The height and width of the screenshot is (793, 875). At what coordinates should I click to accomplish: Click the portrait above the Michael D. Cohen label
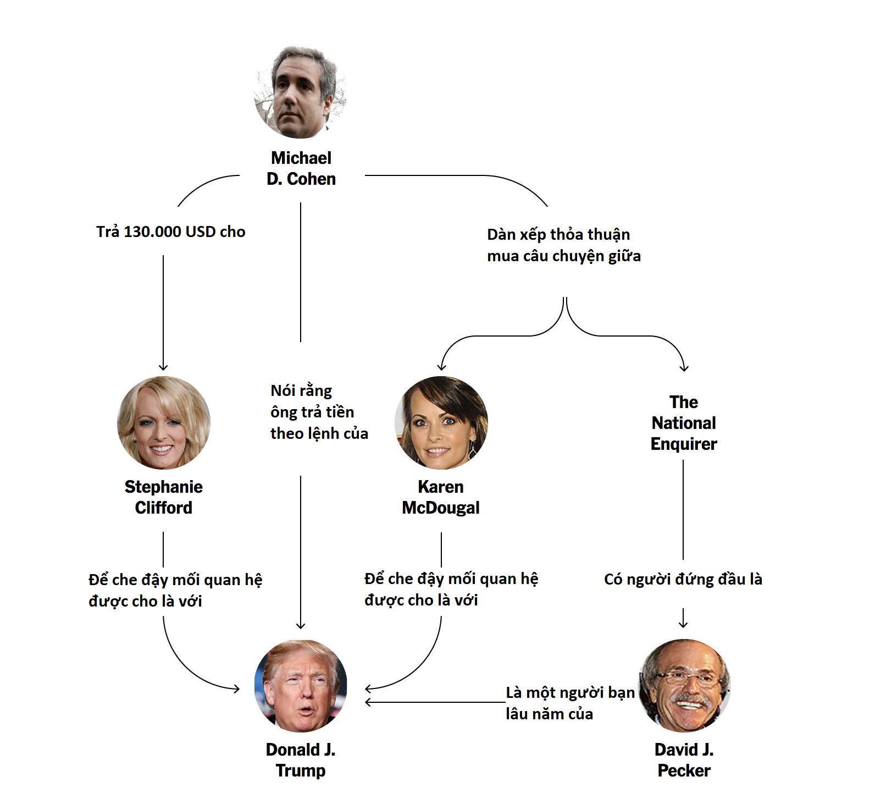click(x=301, y=92)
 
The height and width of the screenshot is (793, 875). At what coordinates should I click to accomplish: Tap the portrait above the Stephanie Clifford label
click(x=164, y=422)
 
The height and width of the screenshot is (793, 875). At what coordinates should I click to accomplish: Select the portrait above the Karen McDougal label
click(x=441, y=422)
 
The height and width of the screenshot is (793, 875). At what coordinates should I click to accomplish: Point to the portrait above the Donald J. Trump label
click(x=301, y=686)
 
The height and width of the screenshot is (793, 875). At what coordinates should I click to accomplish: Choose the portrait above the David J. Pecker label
click(x=684, y=686)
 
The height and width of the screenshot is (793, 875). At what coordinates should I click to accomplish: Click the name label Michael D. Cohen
click(x=301, y=168)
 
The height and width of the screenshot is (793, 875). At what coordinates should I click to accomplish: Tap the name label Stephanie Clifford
click(x=164, y=497)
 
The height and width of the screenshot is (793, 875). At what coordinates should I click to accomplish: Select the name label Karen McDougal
click(x=441, y=497)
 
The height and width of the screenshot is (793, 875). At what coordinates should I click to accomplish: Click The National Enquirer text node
click(x=684, y=423)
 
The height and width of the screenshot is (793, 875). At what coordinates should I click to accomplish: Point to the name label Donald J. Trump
click(x=301, y=760)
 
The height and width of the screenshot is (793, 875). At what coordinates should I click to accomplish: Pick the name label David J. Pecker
click(x=684, y=760)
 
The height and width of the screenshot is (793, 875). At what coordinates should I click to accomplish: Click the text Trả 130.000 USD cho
click(x=170, y=232)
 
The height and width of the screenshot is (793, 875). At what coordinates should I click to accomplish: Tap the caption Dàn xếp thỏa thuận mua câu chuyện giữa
click(x=564, y=245)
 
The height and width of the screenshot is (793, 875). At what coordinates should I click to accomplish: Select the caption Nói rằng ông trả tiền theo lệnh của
click(x=319, y=412)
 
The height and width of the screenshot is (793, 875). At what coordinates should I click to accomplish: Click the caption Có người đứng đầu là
click(x=683, y=579)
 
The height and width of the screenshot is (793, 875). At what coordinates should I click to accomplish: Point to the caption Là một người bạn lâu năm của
click(x=570, y=703)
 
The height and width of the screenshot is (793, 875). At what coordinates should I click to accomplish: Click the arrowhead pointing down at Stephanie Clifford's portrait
click(x=163, y=367)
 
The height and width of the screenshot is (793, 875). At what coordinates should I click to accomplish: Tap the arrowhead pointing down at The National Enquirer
click(x=684, y=367)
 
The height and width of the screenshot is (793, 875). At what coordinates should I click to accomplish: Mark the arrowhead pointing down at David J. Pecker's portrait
click(x=683, y=624)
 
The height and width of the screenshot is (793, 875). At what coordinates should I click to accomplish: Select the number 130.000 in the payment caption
click(x=153, y=232)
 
